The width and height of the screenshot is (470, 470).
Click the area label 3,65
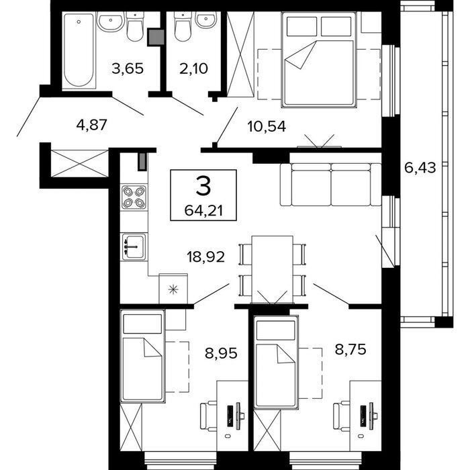(128, 68)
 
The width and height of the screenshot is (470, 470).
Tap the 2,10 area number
(193, 68)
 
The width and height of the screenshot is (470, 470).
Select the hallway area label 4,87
(92, 125)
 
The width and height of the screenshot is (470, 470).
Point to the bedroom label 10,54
(267, 126)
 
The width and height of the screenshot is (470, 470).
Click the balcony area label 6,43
(420, 167)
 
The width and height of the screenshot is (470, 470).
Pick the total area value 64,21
(203, 211)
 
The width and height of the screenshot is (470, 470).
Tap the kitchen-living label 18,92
(205, 257)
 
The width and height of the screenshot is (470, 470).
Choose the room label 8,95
(221, 353)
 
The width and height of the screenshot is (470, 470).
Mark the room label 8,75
(350, 349)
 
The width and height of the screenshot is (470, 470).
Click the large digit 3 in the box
(203, 186)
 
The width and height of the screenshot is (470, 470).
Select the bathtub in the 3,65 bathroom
(79, 50)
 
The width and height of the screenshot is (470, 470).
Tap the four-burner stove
(134, 197)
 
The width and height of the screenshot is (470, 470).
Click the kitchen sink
(134, 246)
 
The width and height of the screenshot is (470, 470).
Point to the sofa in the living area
(330, 185)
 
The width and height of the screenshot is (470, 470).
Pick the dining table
(272, 269)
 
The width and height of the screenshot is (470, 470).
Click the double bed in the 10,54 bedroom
(319, 60)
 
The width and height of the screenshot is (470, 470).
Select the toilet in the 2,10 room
(183, 27)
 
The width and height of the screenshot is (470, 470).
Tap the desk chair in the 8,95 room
(208, 417)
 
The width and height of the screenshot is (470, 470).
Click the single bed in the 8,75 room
(277, 362)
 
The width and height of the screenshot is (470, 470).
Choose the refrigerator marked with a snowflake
(173, 288)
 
